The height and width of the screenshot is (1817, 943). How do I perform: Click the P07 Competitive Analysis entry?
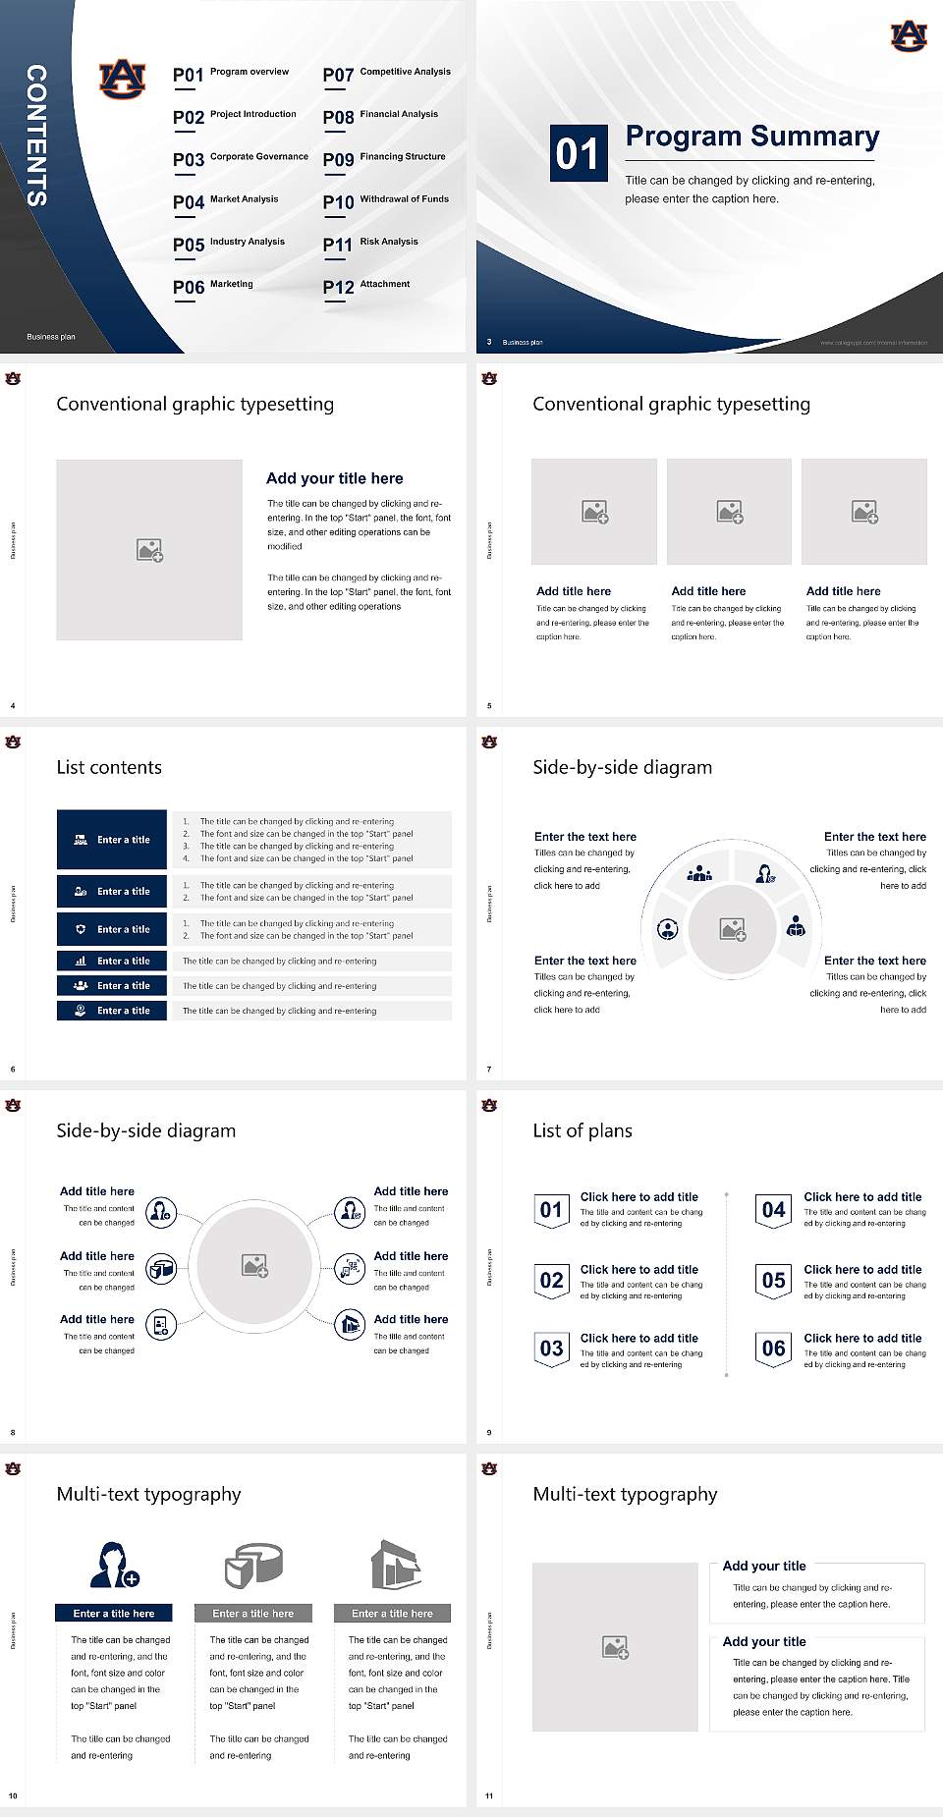point(387,74)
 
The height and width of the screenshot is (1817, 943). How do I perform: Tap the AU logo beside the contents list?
point(123,79)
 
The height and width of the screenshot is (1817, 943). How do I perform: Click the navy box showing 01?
point(578,153)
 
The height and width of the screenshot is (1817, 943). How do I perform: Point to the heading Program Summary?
point(751,137)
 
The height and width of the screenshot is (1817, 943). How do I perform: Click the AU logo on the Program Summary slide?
point(908,36)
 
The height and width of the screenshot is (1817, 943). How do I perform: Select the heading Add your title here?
point(334,478)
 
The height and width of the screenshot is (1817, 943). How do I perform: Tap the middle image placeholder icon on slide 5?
point(729,512)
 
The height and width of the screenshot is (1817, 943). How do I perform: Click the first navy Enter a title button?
point(113,840)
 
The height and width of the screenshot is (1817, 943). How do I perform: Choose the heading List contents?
point(109,767)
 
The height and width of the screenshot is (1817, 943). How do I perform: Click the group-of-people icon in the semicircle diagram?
point(699,872)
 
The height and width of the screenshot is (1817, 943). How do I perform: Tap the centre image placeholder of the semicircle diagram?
point(733,929)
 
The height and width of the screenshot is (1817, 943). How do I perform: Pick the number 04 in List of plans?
point(774,1210)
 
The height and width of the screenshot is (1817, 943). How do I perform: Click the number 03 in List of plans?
point(551,1349)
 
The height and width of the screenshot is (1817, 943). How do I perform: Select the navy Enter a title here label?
point(113,1613)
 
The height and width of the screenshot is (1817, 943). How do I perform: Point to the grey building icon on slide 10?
point(396,1565)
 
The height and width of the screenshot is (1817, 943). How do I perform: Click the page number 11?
point(489,1796)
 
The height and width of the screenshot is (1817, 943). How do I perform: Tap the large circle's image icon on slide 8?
point(255,1266)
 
